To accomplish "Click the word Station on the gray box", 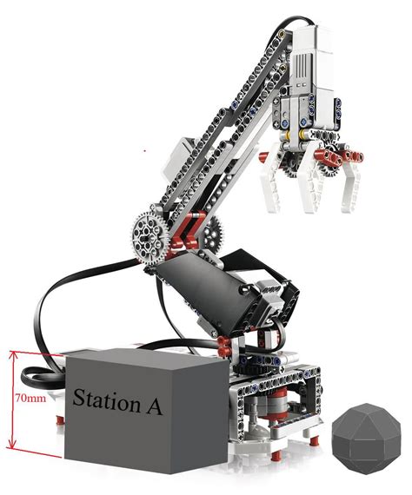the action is [x=106, y=399].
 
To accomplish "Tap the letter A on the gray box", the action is [x=155, y=406].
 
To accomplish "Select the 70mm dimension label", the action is [x=30, y=398].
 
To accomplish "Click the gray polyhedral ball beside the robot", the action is [x=367, y=439].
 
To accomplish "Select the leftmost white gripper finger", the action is [x=270, y=183].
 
